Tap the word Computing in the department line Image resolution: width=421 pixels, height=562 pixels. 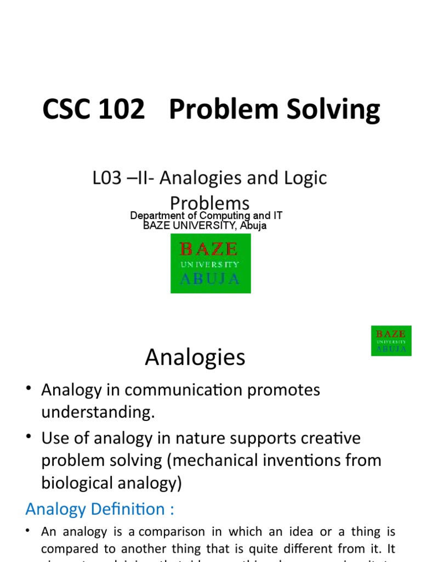click(224, 216)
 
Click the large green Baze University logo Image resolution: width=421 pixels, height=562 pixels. click(210, 263)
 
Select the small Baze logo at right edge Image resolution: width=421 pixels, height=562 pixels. click(391, 340)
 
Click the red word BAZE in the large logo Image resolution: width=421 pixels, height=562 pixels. click(209, 250)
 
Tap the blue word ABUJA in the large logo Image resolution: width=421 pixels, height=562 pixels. click(210, 279)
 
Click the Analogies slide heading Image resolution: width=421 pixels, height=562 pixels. click(195, 358)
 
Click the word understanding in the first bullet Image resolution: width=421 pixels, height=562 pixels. click(98, 412)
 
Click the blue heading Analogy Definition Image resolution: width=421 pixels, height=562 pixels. click(100, 509)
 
